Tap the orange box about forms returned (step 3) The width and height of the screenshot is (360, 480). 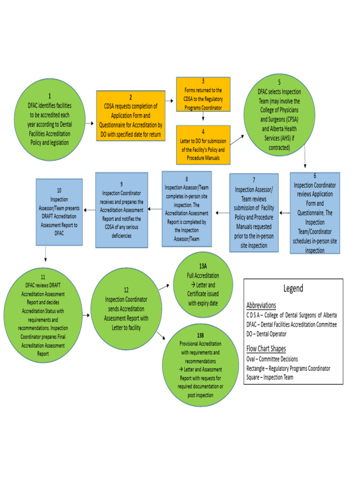203,94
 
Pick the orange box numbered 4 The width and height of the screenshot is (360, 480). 203,145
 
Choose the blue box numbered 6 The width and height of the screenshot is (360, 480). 315,213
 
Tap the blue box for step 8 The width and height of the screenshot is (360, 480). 186,209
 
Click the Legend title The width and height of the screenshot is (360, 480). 293,288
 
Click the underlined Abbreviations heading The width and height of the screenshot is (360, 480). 261,305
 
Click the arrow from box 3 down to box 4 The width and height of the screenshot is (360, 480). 203,118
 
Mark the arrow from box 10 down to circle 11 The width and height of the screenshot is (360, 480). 46,254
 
